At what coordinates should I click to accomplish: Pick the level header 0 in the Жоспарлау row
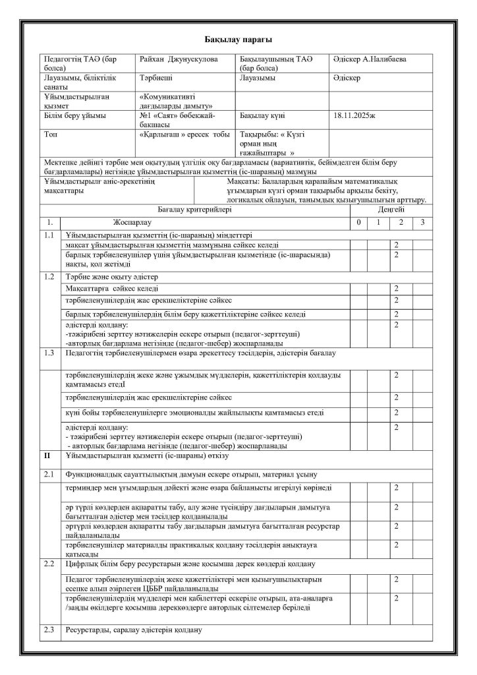click(x=358, y=222)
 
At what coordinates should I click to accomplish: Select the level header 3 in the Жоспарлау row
click(x=422, y=222)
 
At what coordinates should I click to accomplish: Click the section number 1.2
click(x=48, y=276)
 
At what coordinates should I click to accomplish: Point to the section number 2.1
click(x=48, y=474)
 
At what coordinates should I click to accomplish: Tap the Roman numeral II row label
click(x=47, y=455)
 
